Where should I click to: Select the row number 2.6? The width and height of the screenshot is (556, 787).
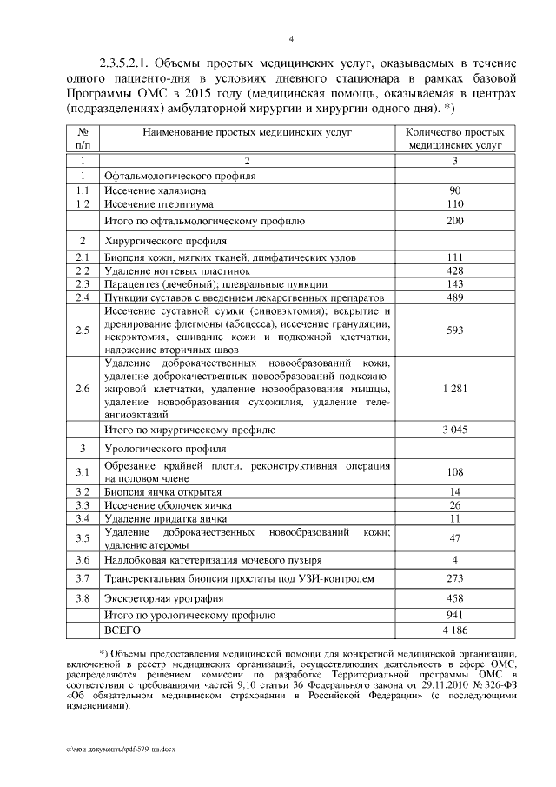point(83,389)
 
